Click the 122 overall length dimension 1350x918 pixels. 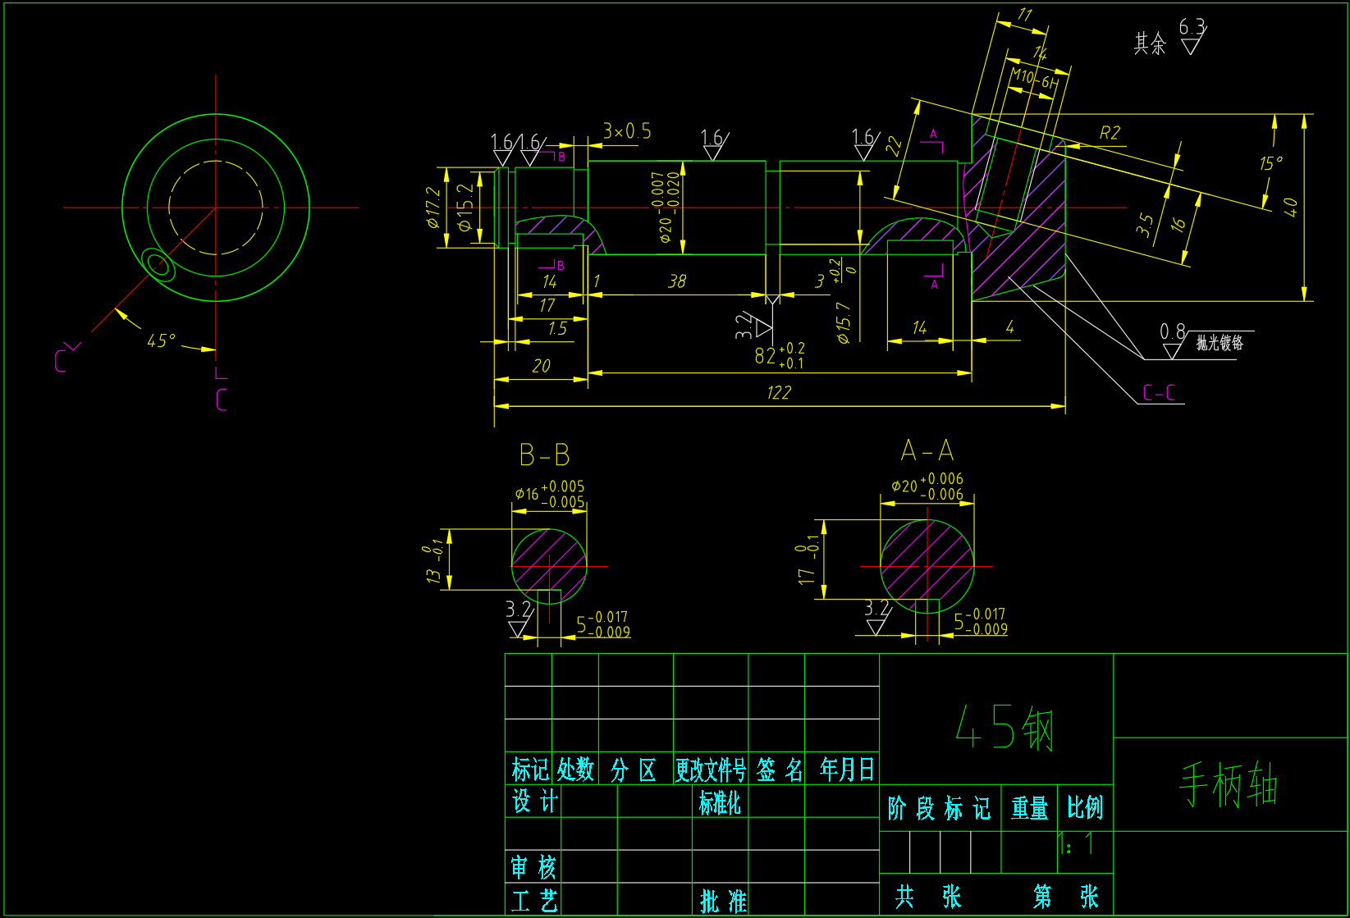[778, 393]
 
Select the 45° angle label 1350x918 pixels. [161, 340]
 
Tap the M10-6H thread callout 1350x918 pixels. [1033, 79]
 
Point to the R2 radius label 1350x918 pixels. [1110, 133]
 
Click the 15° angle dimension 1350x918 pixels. [1270, 163]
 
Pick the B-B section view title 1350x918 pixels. [544, 454]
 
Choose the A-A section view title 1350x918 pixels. [927, 450]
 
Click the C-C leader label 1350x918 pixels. [1159, 393]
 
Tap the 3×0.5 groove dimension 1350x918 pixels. [627, 131]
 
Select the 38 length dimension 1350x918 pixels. [677, 281]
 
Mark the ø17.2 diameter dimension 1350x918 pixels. [433, 208]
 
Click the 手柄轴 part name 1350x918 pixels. [1229, 784]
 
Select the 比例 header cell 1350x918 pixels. [1084, 808]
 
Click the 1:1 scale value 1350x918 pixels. [1077, 843]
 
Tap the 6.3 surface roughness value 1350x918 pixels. [1192, 27]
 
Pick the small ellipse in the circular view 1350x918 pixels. [158, 264]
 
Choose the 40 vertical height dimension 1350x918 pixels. [1290, 207]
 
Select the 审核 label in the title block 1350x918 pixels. [533, 866]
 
